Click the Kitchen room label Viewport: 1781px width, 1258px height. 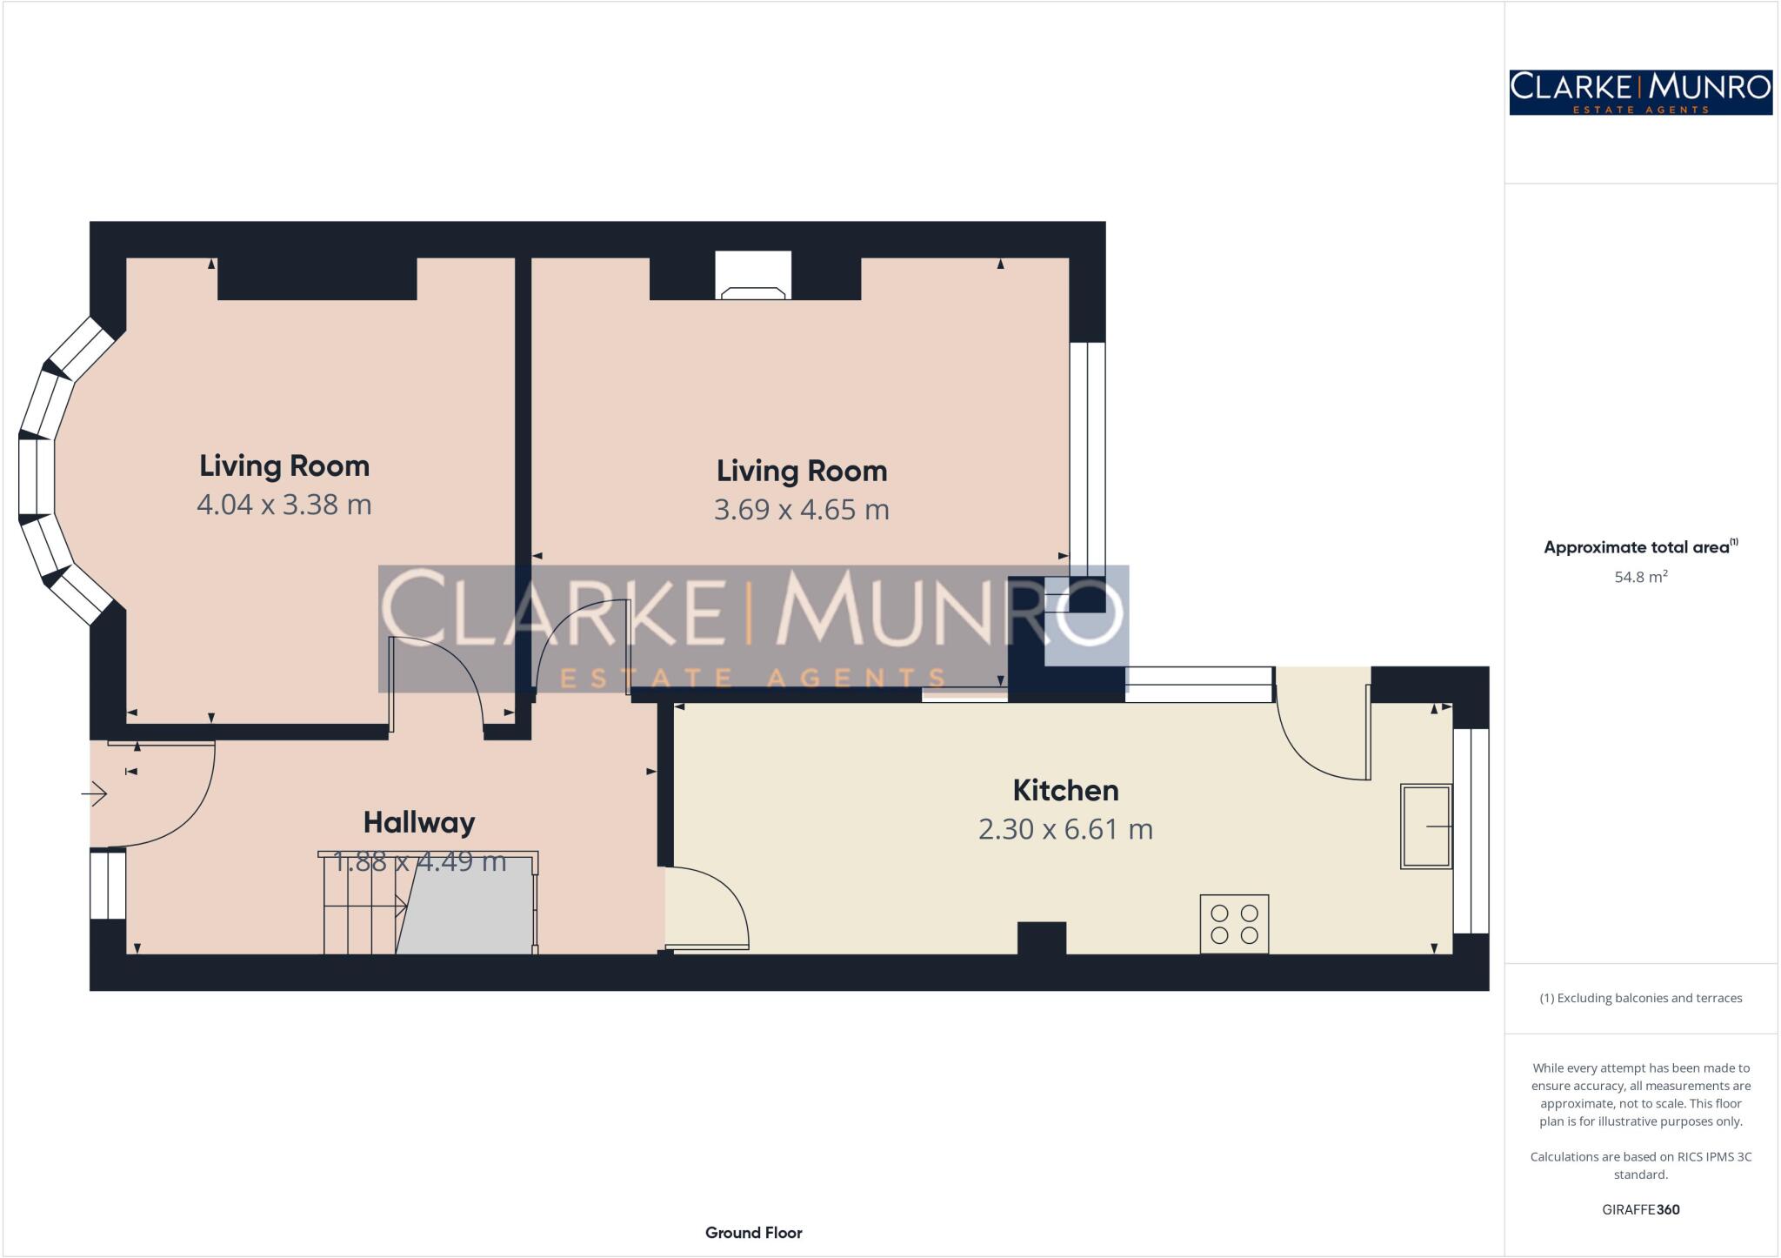coord(1065,790)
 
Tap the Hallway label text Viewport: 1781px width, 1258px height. coord(418,822)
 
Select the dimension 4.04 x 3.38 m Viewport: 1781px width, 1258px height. coord(283,505)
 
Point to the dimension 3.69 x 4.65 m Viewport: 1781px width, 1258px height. coord(801,509)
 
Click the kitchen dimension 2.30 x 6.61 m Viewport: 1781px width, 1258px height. coord(1065,829)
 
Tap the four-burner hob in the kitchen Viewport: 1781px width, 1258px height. coord(1234,924)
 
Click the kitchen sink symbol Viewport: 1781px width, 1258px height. coord(1425,826)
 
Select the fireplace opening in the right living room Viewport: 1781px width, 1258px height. coord(753,275)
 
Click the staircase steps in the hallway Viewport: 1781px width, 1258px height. coord(361,905)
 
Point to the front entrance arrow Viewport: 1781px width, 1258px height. coord(95,794)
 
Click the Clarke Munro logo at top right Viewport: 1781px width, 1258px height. coord(1640,92)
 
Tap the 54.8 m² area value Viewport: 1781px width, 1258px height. coord(1640,577)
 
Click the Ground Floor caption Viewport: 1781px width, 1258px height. coord(753,1233)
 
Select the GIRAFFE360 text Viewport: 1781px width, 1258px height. coord(1640,1209)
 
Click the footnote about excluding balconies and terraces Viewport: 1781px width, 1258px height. coord(1640,998)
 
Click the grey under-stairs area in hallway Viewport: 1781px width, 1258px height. coord(470,909)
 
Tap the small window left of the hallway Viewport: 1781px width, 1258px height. coord(108,885)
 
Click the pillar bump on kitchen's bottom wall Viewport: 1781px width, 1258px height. coord(1041,938)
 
